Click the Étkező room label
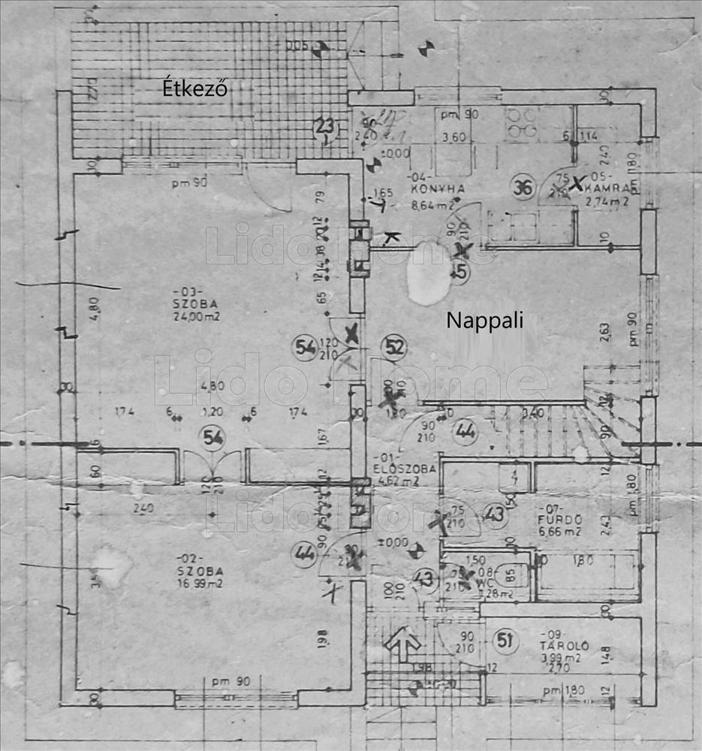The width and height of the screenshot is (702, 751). [195, 89]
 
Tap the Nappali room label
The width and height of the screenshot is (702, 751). [484, 320]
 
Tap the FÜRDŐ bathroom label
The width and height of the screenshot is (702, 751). [559, 519]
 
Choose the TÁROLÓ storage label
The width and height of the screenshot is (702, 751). [568, 645]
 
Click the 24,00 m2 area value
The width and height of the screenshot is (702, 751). [194, 317]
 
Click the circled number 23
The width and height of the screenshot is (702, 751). [324, 126]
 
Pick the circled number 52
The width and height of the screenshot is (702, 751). [393, 347]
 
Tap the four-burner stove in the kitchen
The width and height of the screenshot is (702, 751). [521, 122]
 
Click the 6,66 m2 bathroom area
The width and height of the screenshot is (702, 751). [560, 532]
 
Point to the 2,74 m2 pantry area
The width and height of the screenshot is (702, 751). [609, 202]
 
